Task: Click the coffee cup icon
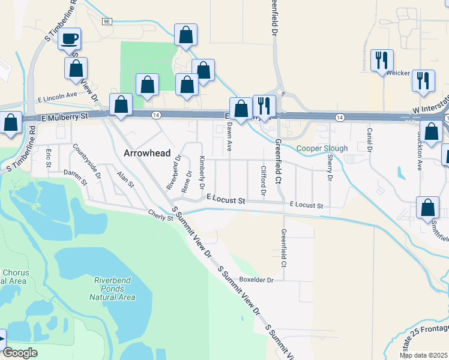click(x=69, y=39)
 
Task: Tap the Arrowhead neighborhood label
click(x=147, y=153)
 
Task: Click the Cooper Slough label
click(x=322, y=148)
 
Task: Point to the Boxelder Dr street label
click(x=256, y=280)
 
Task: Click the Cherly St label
click(x=161, y=214)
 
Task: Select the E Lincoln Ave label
click(x=57, y=95)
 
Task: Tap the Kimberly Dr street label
click(x=202, y=170)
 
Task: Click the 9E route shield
click(x=107, y=22)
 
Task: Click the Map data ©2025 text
click(x=423, y=355)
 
